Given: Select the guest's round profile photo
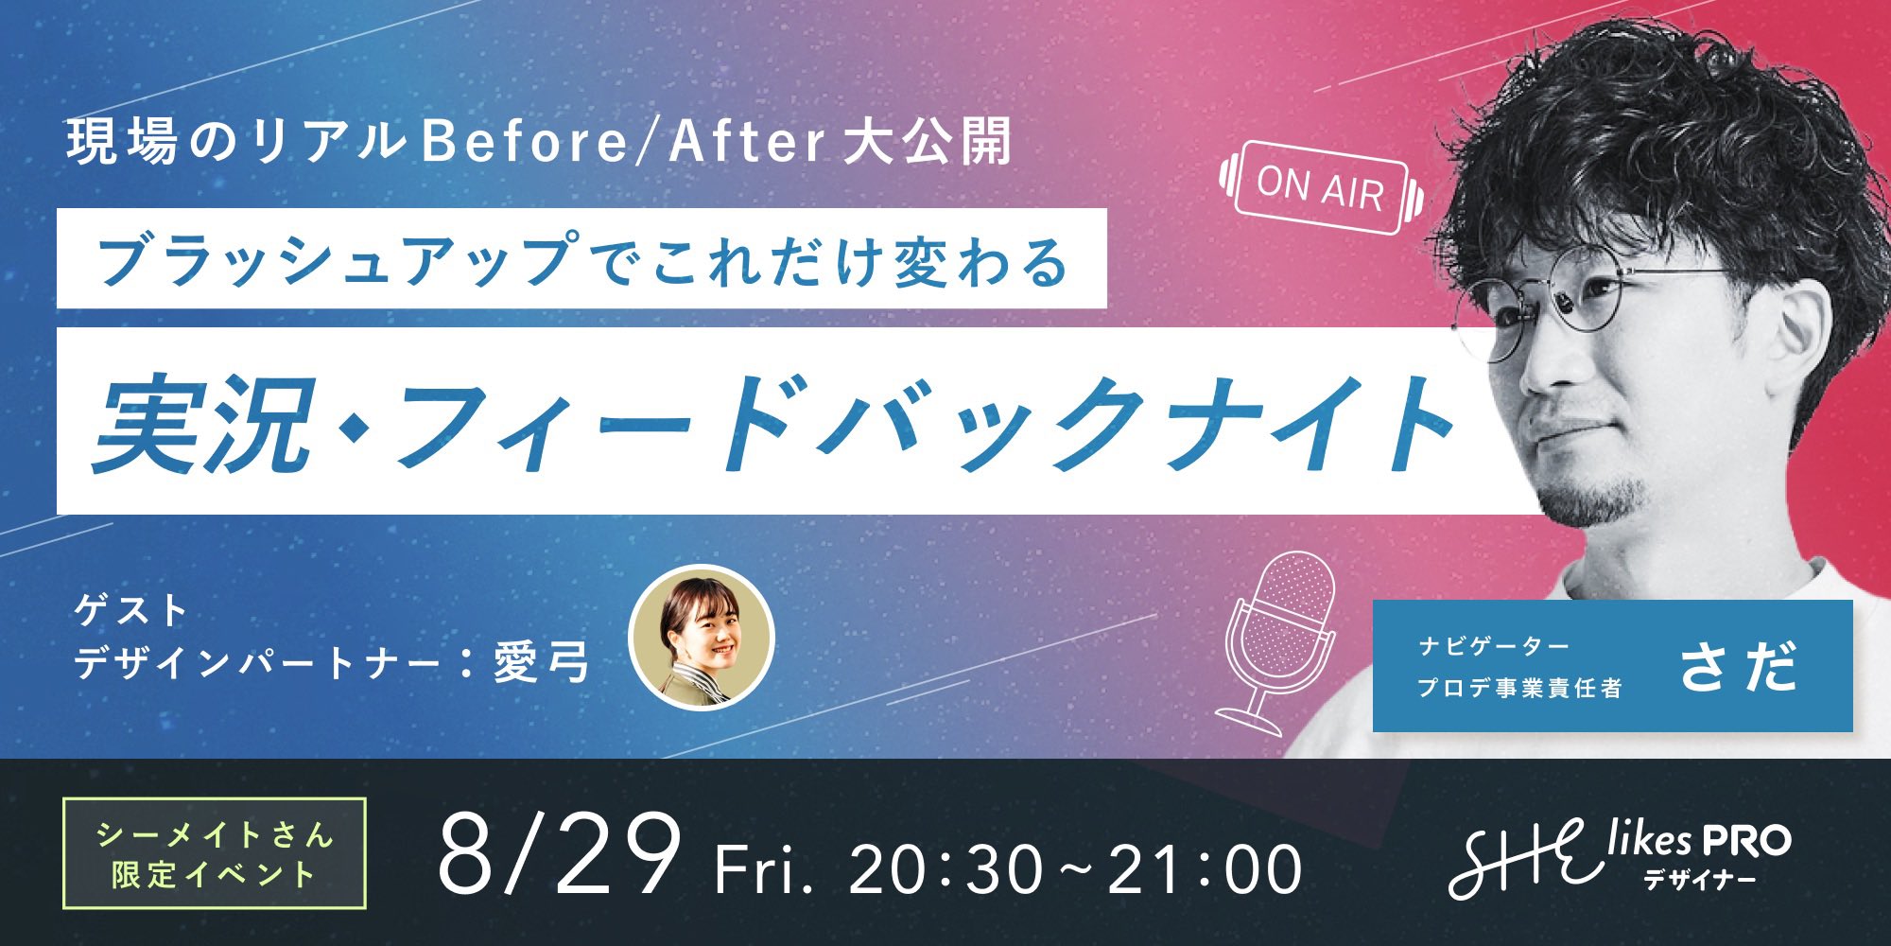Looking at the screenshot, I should (x=702, y=638).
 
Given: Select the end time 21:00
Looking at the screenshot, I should (x=1205, y=868).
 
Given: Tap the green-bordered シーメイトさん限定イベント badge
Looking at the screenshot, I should (x=214, y=853).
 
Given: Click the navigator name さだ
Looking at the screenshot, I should (x=1738, y=666).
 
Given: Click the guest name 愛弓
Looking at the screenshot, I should (x=542, y=662).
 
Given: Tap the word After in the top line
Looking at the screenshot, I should (x=747, y=142).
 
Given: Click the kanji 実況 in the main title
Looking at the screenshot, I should (x=202, y=423).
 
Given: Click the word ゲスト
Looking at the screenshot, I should (x=132, y=610).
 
